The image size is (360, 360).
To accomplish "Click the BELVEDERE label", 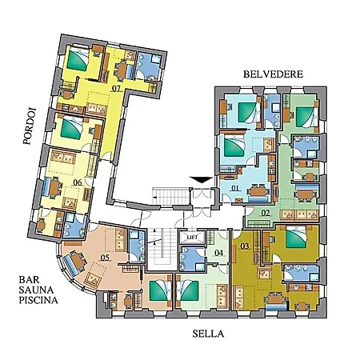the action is point(273,74).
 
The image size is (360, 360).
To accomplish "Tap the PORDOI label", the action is point(29,126).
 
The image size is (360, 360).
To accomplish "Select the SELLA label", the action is point(208,334).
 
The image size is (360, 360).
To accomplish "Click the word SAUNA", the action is point(36,290).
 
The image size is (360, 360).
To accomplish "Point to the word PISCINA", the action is point(38,300).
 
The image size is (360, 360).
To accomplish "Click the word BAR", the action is point(29,280).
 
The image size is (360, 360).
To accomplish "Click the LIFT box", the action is point(192,237).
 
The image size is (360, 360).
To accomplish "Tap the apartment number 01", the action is point(235,188).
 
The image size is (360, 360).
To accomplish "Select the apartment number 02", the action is point(266,213).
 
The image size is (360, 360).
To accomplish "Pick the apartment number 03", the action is point(245,246).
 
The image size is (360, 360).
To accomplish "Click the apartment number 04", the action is point(219,253).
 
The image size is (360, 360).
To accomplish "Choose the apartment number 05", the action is point(105,258).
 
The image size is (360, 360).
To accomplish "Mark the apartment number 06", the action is point(78,182).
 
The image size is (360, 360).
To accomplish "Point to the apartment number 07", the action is point(116,88).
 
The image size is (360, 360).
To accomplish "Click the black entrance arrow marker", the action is point(202,180).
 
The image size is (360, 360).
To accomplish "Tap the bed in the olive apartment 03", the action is point(295,238).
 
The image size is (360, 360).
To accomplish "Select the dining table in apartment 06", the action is point(54,188).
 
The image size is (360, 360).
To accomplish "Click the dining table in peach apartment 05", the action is point(78,261).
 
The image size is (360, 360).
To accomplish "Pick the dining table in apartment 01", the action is point(258,191).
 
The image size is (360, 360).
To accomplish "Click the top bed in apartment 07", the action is point(78,59).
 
